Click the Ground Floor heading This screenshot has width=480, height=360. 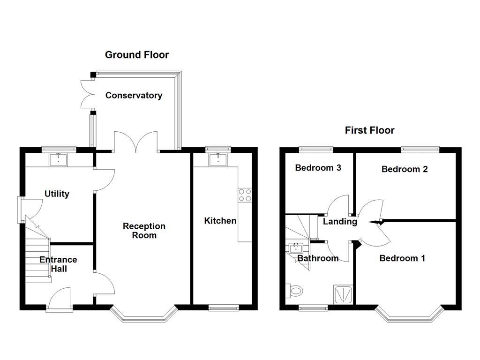point(136,55)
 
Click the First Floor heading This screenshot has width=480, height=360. point(369,130)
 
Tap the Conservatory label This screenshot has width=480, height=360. point(134,96)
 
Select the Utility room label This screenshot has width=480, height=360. point(57,194)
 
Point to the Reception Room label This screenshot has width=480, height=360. point(144,231)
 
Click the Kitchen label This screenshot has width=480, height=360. point(220,220)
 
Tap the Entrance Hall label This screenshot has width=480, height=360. point(58,264)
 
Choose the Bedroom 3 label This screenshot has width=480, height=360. point(317,168)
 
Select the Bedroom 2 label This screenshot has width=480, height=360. point(404,169)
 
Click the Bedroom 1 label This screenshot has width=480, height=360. point(402,258)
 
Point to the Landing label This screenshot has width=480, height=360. point(340,222)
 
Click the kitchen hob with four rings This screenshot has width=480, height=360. point(245,195)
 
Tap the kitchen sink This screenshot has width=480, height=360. point(218,159)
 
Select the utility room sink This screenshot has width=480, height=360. point(59,159)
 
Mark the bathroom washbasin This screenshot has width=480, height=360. point(296,247)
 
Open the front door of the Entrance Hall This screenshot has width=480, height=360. point(60,300)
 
